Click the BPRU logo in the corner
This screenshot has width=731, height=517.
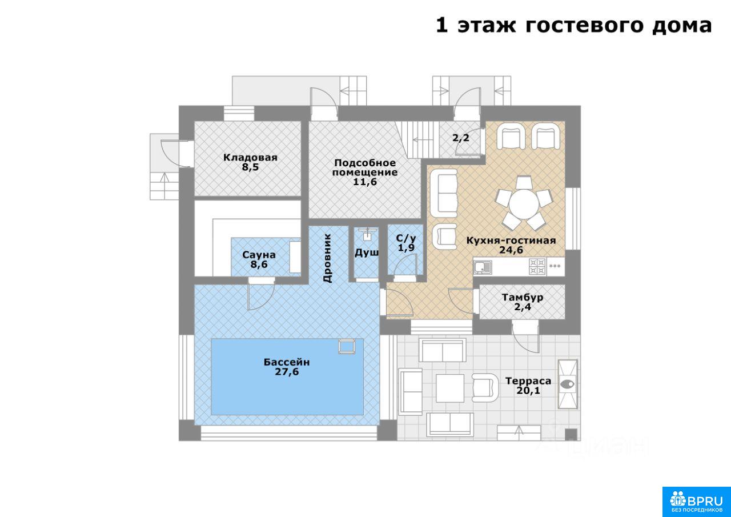[x=696, y=502]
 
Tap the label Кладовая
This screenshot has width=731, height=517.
[x=250, y=157]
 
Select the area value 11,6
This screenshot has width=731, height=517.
[x=365, y=182]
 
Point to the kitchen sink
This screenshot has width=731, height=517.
[x=483, y=267]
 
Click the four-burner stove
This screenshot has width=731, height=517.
[x=537, y=266]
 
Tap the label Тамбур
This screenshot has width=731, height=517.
[x=523, y=297]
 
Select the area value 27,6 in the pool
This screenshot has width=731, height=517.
[x=287, y=372]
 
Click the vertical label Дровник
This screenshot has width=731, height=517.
[x=328, y=258]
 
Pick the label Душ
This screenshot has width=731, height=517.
[x=367, y=253]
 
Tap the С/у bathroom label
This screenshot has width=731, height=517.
[x=406, y=238]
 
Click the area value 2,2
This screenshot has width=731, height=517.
[x=461, y=138]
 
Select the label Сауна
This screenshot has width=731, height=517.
[x=259, y=255]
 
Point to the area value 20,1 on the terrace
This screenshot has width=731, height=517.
[x=528, y=390]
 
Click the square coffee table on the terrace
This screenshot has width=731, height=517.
[x=450, y=388]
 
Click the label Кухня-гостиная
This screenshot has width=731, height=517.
[x=511, y=241]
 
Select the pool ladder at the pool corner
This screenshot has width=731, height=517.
[x=347, y=346]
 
